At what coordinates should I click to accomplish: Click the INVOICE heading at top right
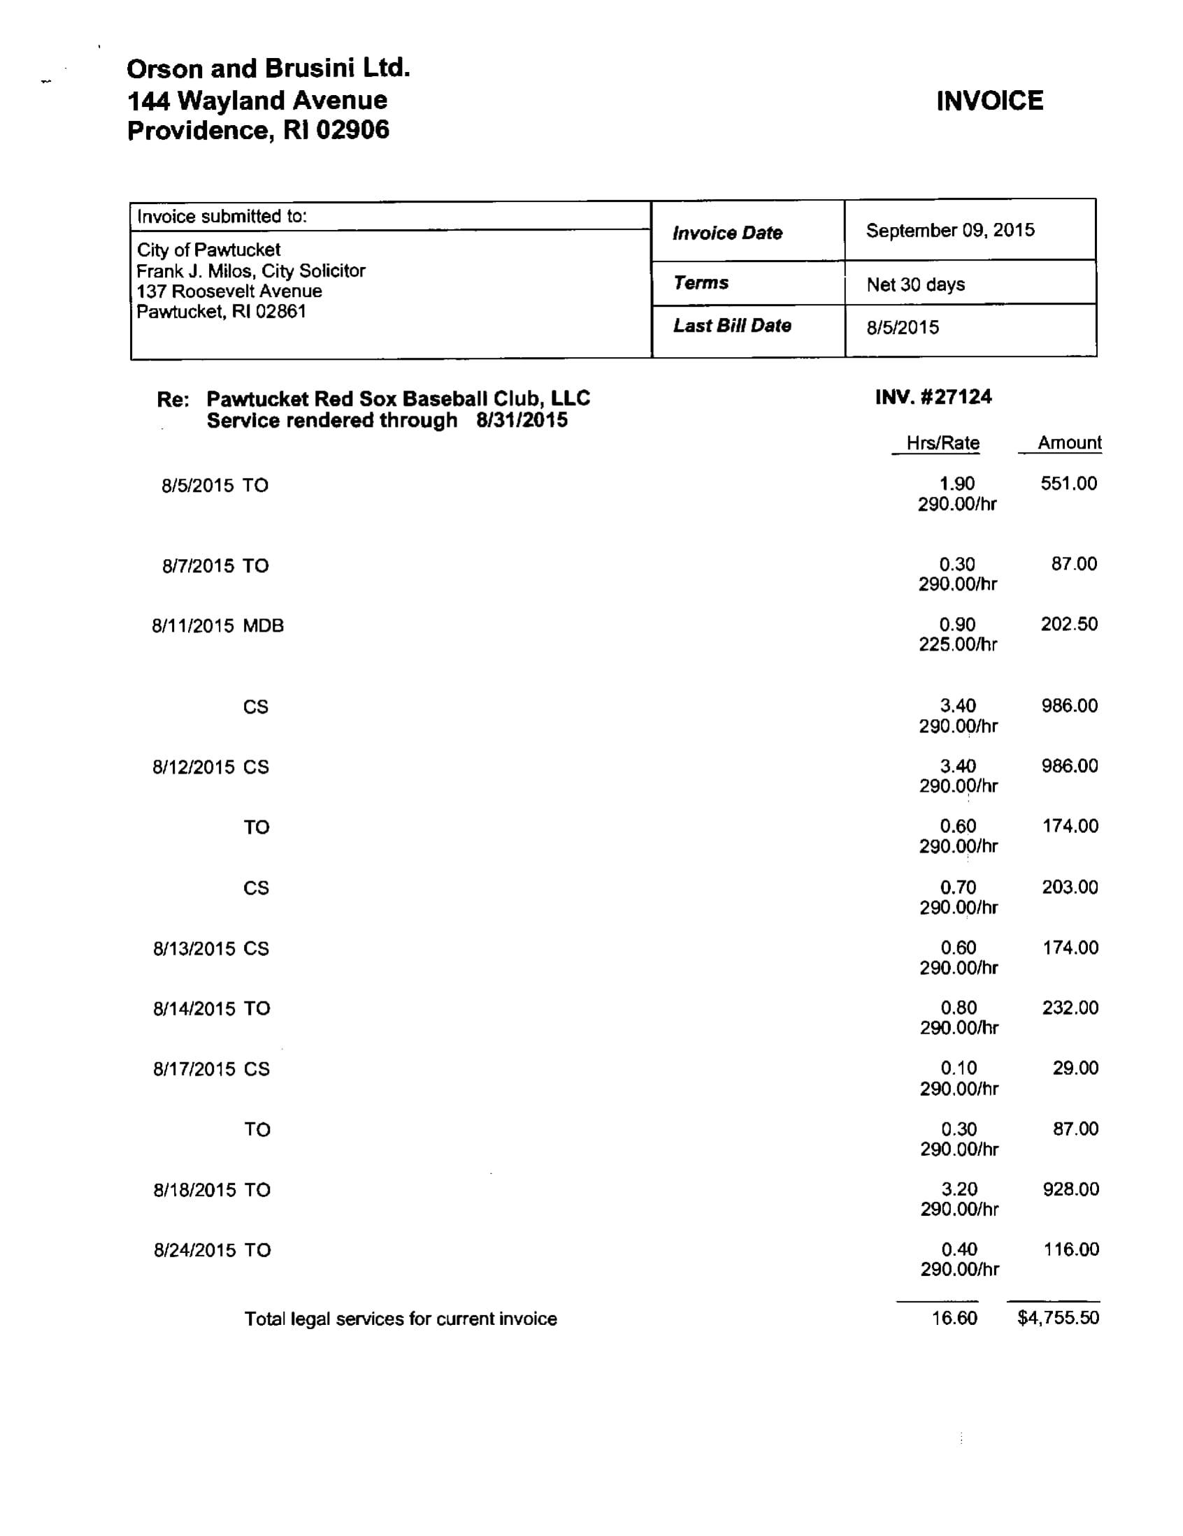[989, 101]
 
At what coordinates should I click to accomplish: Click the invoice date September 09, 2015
[949, 231]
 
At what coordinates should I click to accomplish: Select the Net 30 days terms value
[915, 285]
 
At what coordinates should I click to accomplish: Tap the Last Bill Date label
[732, 326]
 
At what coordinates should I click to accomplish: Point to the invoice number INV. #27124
[933, 398]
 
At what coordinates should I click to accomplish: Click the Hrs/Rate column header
[942, 443]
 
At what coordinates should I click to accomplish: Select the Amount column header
[1069, 442]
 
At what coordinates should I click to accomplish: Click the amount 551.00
[1068, 483]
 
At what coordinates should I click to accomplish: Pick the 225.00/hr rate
[957, 644]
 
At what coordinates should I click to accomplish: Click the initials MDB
[263, 626]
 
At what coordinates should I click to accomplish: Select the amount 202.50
[1069, 624]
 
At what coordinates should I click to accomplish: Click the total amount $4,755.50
[1058, 1317]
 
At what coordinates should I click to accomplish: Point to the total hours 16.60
[954, 1317]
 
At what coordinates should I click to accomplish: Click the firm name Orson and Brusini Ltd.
[268, 69]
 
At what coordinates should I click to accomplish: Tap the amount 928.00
[1070, 1189]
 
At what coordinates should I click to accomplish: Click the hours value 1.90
[957, 484]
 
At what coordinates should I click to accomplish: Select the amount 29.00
[1075, 1068]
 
